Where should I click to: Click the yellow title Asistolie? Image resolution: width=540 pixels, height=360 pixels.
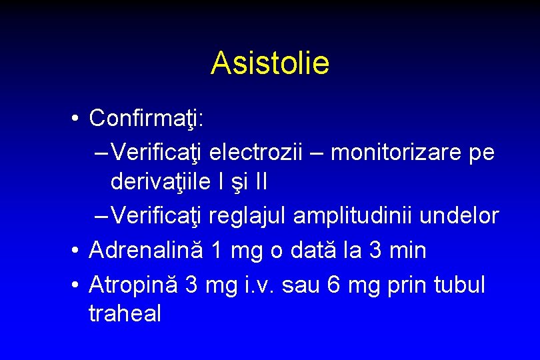pyautogui.click(x=269, y=63)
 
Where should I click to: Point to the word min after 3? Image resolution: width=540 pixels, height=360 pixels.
pyautogui.click(x=406, y=251)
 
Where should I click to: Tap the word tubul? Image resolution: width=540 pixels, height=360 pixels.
pyautogui.click(x=459, y=285)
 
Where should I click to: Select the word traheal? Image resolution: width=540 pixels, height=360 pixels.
pyautogui.click(x=125, y=313)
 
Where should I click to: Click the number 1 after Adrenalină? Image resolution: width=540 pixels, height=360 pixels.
pyautogui.click(x=216, y=251)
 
